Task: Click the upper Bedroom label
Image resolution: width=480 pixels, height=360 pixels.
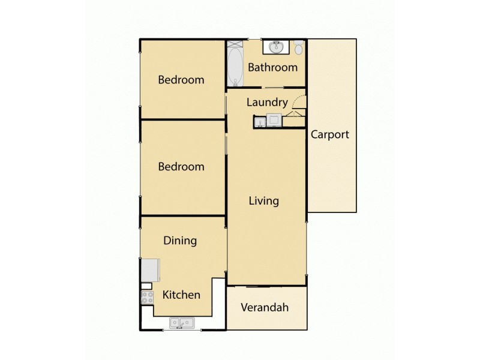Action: (x=181, y=80)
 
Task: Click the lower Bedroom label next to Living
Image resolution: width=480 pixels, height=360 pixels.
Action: (x=181, y=167)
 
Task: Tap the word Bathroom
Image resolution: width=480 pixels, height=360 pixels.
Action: (x=272, y=67)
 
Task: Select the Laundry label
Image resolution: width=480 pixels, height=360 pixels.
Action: (x=267, y=103)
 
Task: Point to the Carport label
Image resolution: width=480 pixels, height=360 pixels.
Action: (x=329, y=134)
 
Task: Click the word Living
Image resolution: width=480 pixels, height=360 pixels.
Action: (x=264, y=200)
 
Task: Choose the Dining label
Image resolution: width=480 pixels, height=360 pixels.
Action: (x=180, y=241)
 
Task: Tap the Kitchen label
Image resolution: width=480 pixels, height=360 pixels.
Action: (x=182, y=295)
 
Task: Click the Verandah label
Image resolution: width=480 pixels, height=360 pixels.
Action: (x=265, y=308)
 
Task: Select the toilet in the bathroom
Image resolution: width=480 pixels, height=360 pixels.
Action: (x=298, y=47)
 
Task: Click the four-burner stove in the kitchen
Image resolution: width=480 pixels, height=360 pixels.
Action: (x=147, y=298)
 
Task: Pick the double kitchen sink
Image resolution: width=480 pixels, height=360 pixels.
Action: (x=182, y=323)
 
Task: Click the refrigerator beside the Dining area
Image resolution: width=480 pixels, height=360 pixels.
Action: (x=150, y=270)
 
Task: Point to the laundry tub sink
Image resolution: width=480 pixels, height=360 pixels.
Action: (x=260, y=122)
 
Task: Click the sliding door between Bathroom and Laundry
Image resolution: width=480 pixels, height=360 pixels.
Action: (x=274, y=89)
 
